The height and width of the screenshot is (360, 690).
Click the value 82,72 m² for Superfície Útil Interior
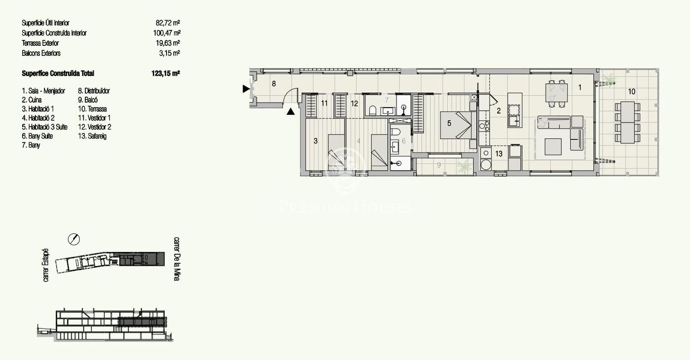tap(168, 23)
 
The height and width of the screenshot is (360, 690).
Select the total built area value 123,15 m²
tap(166, 73)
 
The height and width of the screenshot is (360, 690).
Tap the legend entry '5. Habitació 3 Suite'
tap(45, 127)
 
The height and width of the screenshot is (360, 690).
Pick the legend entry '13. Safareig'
tap(92, 136)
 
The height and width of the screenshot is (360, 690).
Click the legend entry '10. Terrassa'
tap(92, 109)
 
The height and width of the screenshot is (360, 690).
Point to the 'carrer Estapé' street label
tap(45, 265)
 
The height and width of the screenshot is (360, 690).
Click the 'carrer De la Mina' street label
tap(176, 259)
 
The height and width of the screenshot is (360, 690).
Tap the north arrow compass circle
tap(74, 239)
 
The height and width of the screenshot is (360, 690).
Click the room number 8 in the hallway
tap(274, 83)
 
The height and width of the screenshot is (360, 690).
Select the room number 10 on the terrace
tap(631, 92)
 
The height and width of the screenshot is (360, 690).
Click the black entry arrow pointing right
tap(246, 89)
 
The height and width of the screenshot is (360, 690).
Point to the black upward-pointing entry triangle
tap(290, 111)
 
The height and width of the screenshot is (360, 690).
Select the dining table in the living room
tap(556, 93)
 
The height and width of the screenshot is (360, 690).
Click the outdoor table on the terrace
tap(627, 122)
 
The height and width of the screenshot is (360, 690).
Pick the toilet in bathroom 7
tap(373, 110)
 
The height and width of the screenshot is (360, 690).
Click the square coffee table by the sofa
tap(553, 146)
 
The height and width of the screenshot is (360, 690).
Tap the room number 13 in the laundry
tap(499, 153)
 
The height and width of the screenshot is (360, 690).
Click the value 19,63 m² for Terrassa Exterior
tap(168, 43)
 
